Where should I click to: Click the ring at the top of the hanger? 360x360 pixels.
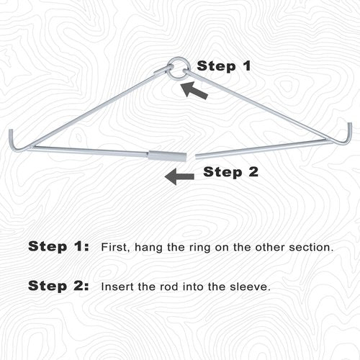point(179,58)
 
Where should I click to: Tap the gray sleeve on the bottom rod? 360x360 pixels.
point(167,156)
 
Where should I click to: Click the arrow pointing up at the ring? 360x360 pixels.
point(194,90)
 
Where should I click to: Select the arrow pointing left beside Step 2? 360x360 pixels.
point(179,176)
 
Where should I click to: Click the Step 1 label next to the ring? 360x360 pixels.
point(224,66)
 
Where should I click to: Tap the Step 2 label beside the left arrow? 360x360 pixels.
point(230,172)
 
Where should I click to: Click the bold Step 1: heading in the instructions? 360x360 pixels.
point(58,246)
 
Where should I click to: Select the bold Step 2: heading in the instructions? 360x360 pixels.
point(58,286)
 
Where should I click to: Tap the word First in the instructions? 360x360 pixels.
point(115,247)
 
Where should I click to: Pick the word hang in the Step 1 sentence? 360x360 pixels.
point(148,248)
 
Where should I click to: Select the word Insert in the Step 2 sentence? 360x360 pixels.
point(117,287)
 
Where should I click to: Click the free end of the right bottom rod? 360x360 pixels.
point(197,156)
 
